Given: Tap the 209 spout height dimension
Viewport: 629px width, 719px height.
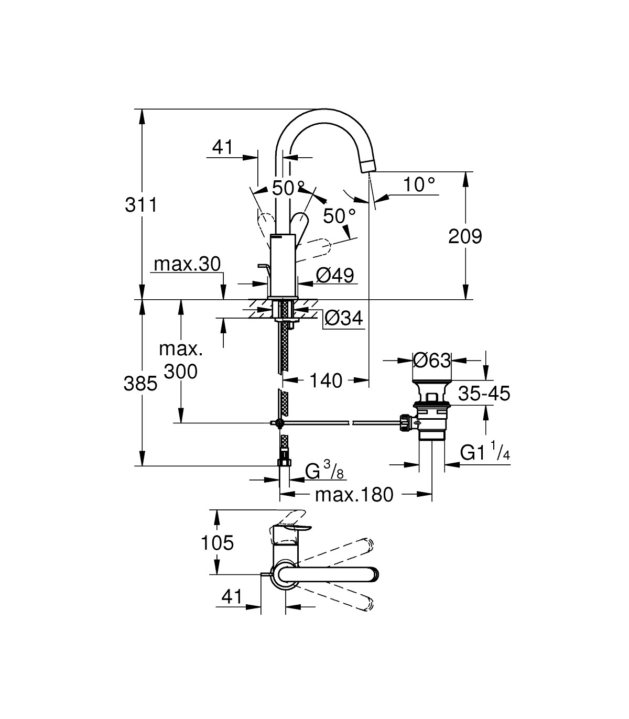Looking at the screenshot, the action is (465, 236).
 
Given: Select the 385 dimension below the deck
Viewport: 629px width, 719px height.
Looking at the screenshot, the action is (140, 384).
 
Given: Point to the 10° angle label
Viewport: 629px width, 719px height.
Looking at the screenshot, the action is (419, 184).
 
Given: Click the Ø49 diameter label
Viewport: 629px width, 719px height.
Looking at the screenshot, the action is (335, 275).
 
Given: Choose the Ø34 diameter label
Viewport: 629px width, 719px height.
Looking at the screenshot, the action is (343, 319).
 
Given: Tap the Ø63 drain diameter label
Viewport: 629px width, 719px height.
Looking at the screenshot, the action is (432, 360).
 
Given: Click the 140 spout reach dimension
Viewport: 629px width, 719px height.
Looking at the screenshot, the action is (326, 380).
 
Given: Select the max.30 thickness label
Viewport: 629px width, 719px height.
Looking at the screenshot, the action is (187, 264).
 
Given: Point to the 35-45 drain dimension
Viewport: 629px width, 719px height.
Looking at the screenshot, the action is (484, 393).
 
